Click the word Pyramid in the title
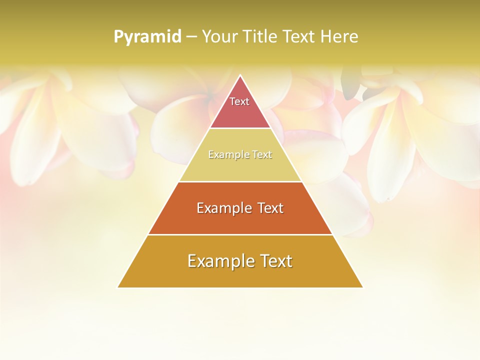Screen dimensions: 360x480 (x=147, y=37)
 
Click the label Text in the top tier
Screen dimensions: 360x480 (x=239, y=101)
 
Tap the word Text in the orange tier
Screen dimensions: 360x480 (x=270, y=208)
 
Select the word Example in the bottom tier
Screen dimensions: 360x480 (x=218, y=261)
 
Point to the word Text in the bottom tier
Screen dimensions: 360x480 (x=274, y=261)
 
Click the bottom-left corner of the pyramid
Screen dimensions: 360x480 (x=118, y=287)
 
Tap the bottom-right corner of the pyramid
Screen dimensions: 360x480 (x=362, y=287)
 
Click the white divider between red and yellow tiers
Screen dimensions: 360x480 (x=240, y=128)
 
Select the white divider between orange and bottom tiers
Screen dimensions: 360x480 (x=240, y=234)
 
